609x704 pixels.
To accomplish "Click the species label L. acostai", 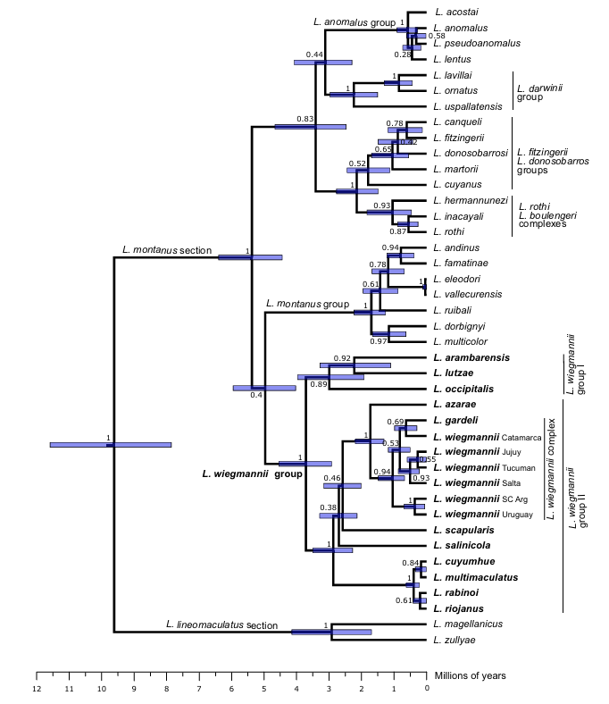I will pos(456,12).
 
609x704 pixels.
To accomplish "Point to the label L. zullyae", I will pos(452,640).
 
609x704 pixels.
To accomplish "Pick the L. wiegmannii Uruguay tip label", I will pos(482,515).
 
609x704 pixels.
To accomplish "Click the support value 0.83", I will pos(304,119).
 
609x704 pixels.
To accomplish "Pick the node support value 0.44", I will pos(314,55).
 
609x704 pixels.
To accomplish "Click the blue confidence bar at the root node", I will pos(111,444).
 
